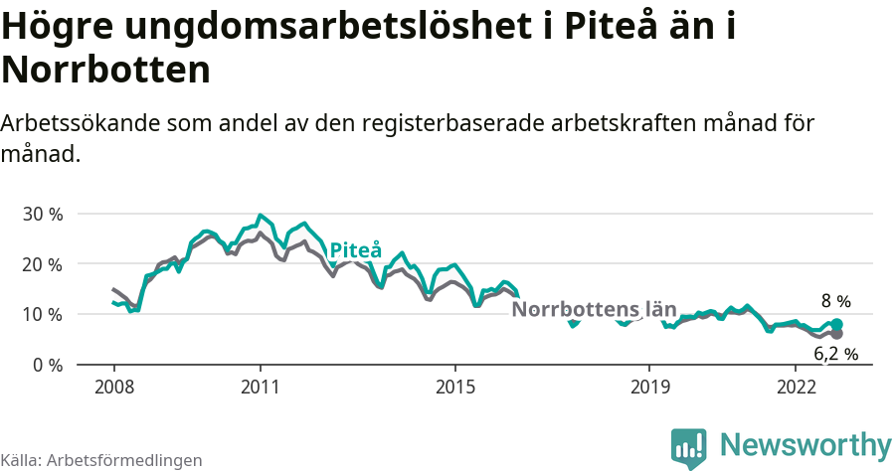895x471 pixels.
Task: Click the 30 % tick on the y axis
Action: pyautogui.click(x=41, y=214)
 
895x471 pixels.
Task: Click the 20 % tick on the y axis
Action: pyautogui.click(x=41, y=264)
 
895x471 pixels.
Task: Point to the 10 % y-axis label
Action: pyautogui.click(x=41, y=314)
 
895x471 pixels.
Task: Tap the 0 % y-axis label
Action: pyautogui.click(x=46, y=365)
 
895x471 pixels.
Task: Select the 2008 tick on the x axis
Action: pyautogui.click(x=112, y=386)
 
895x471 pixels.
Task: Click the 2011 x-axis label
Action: pyautogui.click(x=260, y=386)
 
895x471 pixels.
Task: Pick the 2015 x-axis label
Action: pyautogui.click(x=454, y=386)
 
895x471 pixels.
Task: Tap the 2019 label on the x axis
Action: pyautogui.click(x=649, y=386)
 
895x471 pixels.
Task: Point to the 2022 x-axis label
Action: pyautogui.click(x=796, y=386)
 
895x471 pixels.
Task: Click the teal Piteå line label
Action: pyautogui.click(x=355, y=250)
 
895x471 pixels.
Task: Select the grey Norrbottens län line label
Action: pyautogui.click(x=594, y=309)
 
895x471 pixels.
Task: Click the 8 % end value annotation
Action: pyautogui.click(x=835, y=301)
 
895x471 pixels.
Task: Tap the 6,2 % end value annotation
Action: pyautogui.click(x=835, y=353)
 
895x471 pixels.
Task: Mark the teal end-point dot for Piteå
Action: pyautogui.click(x=837, y=325)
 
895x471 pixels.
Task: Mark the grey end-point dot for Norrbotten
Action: pyautogui.click(x=837, y=334)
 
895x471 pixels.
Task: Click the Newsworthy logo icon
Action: pyautogui.click(x=689, y=446)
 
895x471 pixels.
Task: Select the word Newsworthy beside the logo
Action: pyautogui.click(x=805, y=444)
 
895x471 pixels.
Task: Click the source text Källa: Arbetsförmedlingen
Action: pyautogui.click(x=101, y=460)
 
